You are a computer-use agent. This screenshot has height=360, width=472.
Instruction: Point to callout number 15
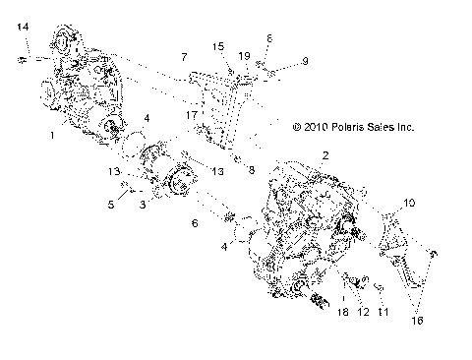[217, 45]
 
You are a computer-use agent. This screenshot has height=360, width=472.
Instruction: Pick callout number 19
[242, 57]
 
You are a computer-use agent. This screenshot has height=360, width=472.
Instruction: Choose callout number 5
[111, 205]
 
